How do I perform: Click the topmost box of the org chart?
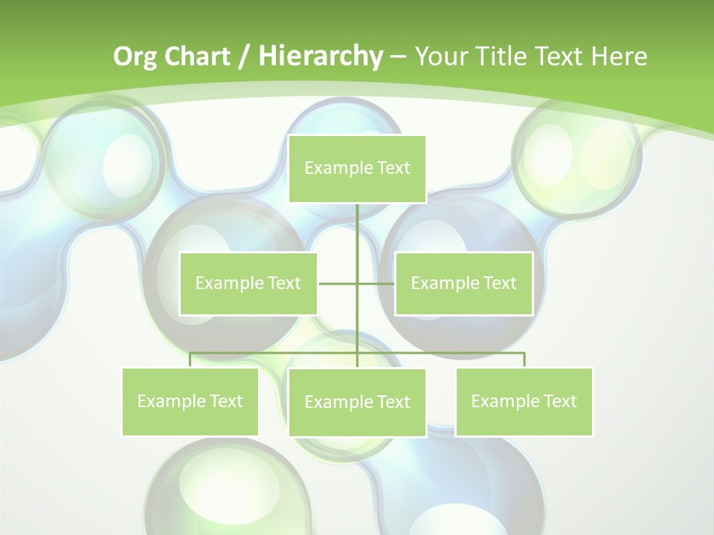pos(357,169)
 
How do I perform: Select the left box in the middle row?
pos(248,283)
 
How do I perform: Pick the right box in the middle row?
pos(463,283)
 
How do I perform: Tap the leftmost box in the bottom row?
pos(190,401)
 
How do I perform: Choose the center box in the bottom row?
pos(357,402)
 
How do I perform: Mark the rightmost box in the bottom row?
pos(524,401)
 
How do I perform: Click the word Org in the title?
pos(135,56)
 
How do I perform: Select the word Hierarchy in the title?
pos(321,56)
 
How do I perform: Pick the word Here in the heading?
pos(619,56)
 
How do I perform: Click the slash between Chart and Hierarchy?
pos(245,56)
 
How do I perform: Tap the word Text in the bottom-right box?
pos(560,401)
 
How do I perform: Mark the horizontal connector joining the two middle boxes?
pos(338,283)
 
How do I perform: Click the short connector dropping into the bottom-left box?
pos(190,360)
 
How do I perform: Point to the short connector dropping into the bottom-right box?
pos(524,360)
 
